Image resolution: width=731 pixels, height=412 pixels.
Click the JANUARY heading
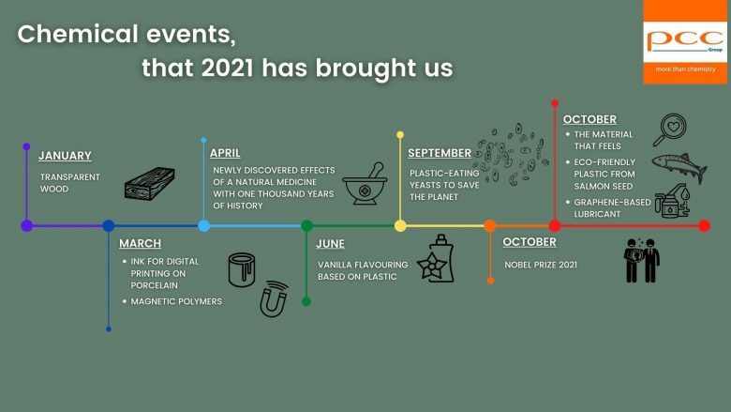(x=65, y=156)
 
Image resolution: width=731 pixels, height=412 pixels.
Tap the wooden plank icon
(x=150, y=184)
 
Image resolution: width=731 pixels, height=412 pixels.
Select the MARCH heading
(x=140, y=244)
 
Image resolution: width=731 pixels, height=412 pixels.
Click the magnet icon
(x=274, y=299)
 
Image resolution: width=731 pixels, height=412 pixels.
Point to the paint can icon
(x=242, y=269)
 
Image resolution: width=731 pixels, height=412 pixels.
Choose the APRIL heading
(x=225, y=153)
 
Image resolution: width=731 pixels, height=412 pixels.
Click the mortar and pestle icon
(x=365, y=183)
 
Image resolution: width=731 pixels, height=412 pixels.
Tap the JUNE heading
(x=331, y=244)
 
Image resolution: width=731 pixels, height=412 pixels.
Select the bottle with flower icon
(x=436, y=258)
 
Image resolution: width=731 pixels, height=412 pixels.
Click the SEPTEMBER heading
(x=440, y=153)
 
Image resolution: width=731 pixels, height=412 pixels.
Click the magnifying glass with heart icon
(x=670, y=130)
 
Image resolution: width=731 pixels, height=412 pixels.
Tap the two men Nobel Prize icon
(x=642, y=260)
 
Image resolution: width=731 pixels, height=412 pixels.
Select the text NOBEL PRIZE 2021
(x=541, y=265)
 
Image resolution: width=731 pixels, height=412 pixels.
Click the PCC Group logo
(x=685, y=41)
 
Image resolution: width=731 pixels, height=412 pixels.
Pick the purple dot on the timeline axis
(x=27, y=226)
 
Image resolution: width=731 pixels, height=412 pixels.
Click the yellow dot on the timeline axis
(x=400, y=226)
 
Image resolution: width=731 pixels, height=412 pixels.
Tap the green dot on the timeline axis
(x=306, y=226)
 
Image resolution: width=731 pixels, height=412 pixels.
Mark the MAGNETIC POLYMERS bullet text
(x=176, y=301)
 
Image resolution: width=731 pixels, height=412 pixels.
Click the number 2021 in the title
(x=228, y=68)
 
